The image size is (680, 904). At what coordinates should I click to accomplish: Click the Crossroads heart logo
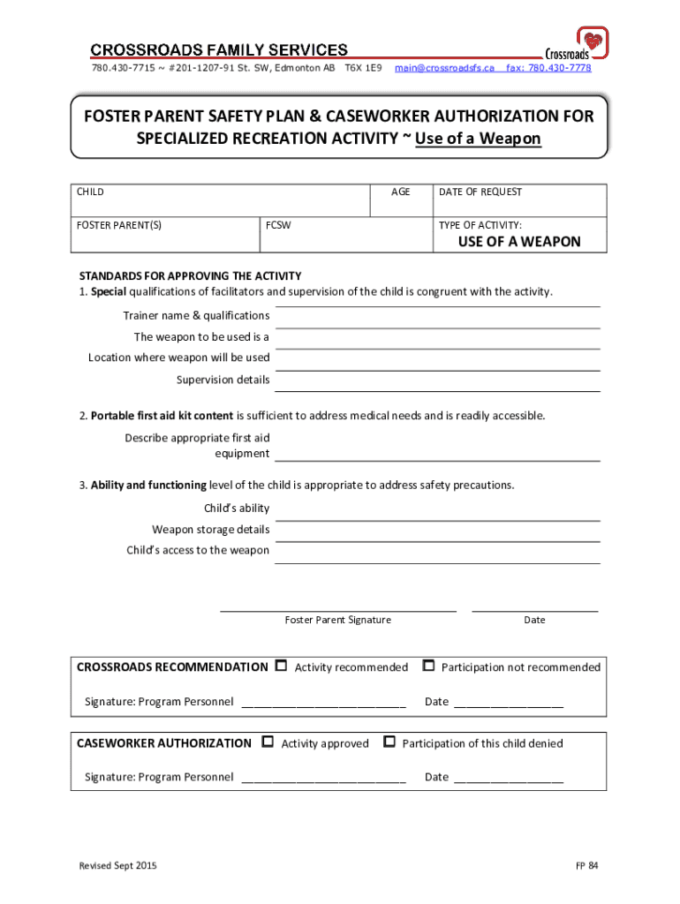(x=593, y=41)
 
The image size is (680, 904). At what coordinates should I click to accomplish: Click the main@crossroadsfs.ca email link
(x=444, y=68)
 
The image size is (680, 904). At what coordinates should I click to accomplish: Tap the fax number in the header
(x=548, y=68)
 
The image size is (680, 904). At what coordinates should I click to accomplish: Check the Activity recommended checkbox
(x=282, y=666)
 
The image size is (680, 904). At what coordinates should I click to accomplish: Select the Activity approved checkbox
(x=268, y=742)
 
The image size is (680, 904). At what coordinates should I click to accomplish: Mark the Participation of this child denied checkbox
(x=389, y=742)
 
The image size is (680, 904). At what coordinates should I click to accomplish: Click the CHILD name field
(x=221, y=204)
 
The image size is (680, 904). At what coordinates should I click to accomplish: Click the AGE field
(x=400, y=204)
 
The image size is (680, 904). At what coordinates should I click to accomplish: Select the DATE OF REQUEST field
(x=519, y=204)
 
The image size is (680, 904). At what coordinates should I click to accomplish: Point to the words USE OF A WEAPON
(x=519, y=241)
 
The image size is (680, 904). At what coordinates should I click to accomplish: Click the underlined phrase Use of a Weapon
(x=478, y=139)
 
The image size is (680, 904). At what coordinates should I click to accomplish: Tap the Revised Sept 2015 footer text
(x=117, y=866)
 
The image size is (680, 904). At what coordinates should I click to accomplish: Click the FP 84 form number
(x=587, y=866)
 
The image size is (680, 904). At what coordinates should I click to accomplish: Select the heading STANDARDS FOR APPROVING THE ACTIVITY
(x=190, y=275)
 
